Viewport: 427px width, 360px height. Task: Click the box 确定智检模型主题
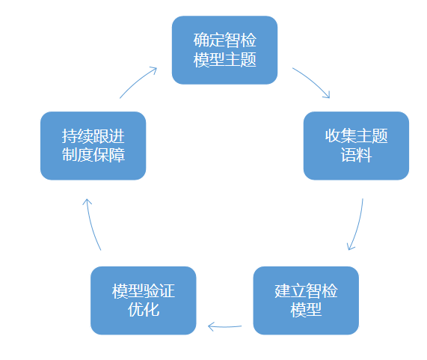coord(224,50)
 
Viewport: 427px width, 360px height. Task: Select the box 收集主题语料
coord(356,146)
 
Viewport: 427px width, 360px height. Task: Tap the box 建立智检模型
coord(306,301)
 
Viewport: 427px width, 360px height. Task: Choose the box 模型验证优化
coord(144,301)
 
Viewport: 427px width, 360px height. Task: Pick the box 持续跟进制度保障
coord(93,146)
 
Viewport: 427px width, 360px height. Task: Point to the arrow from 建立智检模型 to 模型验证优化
coord(224,326)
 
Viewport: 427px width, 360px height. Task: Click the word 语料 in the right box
coord(356,156)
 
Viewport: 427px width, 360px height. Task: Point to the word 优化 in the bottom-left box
coord(144,310)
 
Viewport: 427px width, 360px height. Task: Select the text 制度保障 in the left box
coord(93,156)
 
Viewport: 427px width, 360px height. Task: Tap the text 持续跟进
coord(93,136)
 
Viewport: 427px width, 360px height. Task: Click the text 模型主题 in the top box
coord(224,60)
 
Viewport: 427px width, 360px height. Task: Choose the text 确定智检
coord(224,40)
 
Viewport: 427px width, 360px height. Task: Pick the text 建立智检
coord(306,291)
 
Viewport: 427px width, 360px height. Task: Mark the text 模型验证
coord(144,291)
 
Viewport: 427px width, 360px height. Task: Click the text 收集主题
coord(356,136)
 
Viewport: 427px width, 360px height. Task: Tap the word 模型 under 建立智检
coord(306,310)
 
